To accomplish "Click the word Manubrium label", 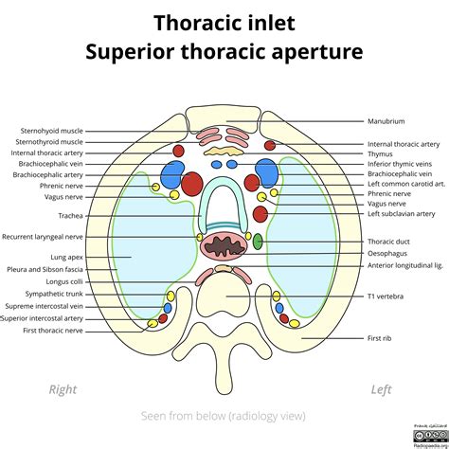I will click(x=386, y=121).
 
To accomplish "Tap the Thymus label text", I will click(x=380, y=154).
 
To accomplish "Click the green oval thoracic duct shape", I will click(x=258, y=242).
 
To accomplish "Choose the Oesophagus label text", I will click(x=387, y=254).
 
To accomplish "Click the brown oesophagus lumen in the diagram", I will click(x=225, y=247).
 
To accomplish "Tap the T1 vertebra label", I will click(x=386, y=296).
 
